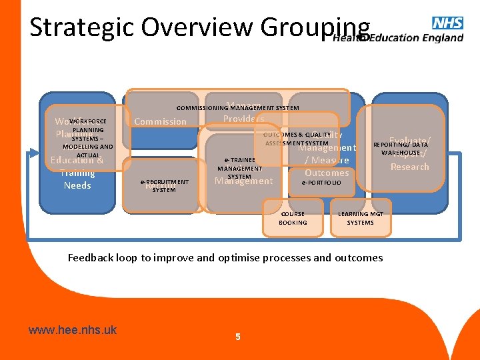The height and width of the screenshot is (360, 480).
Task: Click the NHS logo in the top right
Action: (447, 23)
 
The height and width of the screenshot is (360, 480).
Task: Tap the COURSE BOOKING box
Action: (293, 218)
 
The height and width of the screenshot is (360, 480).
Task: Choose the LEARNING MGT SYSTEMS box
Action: (360, 218)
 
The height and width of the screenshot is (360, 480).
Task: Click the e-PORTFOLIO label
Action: (321, 183)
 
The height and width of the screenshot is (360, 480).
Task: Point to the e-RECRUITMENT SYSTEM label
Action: (164, 185)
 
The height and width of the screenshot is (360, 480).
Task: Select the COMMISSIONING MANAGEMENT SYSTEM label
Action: (237, 107)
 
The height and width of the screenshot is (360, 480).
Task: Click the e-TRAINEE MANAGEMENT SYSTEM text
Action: (239, 169)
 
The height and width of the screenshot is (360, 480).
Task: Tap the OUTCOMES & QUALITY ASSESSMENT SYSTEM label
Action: (297, 139)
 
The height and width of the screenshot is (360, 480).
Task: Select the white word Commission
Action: (161, 121)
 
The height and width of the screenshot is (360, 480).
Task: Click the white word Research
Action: (409, 167)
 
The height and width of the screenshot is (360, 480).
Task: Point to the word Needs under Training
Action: (77, 185)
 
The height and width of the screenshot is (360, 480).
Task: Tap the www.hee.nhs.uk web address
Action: (73, 330)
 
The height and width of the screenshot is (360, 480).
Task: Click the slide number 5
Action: (238, 337)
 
